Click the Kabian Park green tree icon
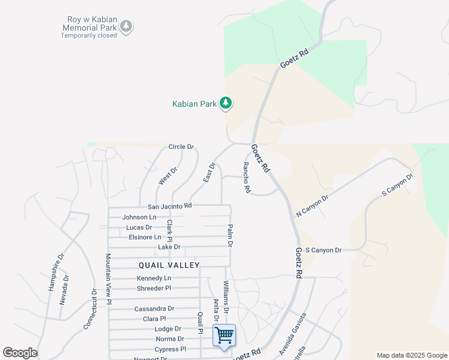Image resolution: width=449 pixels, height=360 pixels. [226, 104]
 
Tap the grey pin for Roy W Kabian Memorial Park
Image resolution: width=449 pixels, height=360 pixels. [126, 26]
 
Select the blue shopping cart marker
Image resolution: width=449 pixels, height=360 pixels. [224, 335]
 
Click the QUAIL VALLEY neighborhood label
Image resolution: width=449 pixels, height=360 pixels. [169, 265]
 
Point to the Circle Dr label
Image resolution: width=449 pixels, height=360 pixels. [181, 146]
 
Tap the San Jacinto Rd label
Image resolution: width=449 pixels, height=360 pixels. [170, 205]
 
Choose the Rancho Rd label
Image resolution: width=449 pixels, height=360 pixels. [246, 178]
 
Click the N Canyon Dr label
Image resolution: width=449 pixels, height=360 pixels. [312, 206]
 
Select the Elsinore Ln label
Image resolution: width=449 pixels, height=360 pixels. [145, 237]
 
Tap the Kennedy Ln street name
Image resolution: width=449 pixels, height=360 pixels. [154, 278]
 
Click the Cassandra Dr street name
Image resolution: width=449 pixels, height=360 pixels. [154, 308]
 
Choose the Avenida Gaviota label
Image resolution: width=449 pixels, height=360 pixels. [292, 333]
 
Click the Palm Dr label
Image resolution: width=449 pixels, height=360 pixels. [229, 236]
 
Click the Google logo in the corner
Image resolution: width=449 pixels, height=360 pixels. [20, 353]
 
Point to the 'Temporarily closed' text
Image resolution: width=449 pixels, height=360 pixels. [89, 35]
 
